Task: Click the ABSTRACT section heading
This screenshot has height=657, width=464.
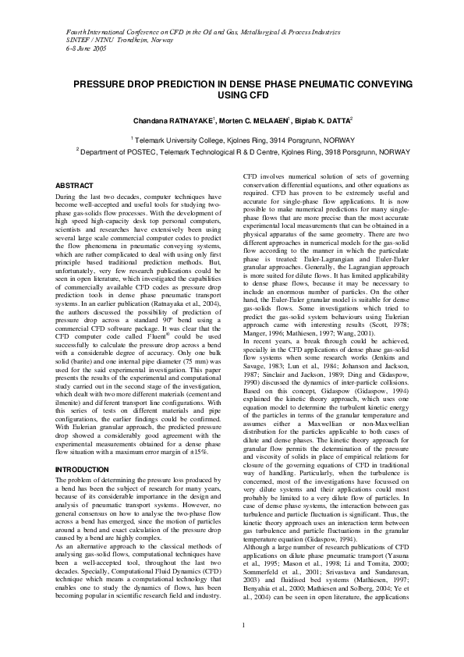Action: pos(76,185)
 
